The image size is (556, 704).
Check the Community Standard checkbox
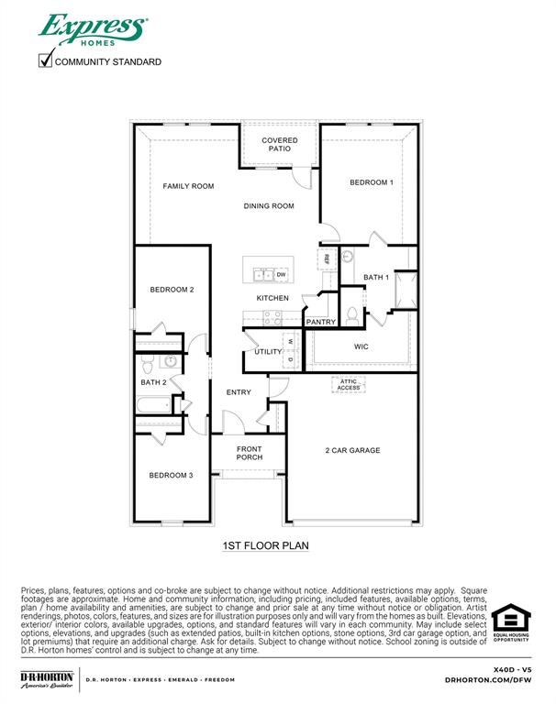45,61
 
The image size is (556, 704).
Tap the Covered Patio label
279,145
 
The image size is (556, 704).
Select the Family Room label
188,186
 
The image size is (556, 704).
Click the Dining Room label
269,206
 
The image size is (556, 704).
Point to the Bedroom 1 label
371,182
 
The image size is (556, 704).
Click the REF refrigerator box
326,258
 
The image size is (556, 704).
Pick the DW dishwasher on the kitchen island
282,274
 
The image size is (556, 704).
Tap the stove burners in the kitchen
272,317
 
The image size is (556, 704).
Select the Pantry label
320,322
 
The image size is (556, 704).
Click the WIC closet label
361,347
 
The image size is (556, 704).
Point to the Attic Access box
349,385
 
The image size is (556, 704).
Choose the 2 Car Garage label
352,450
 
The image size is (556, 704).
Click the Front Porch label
249,452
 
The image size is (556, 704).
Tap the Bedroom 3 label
172,475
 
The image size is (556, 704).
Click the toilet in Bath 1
352,316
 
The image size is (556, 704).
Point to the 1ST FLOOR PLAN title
265,545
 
